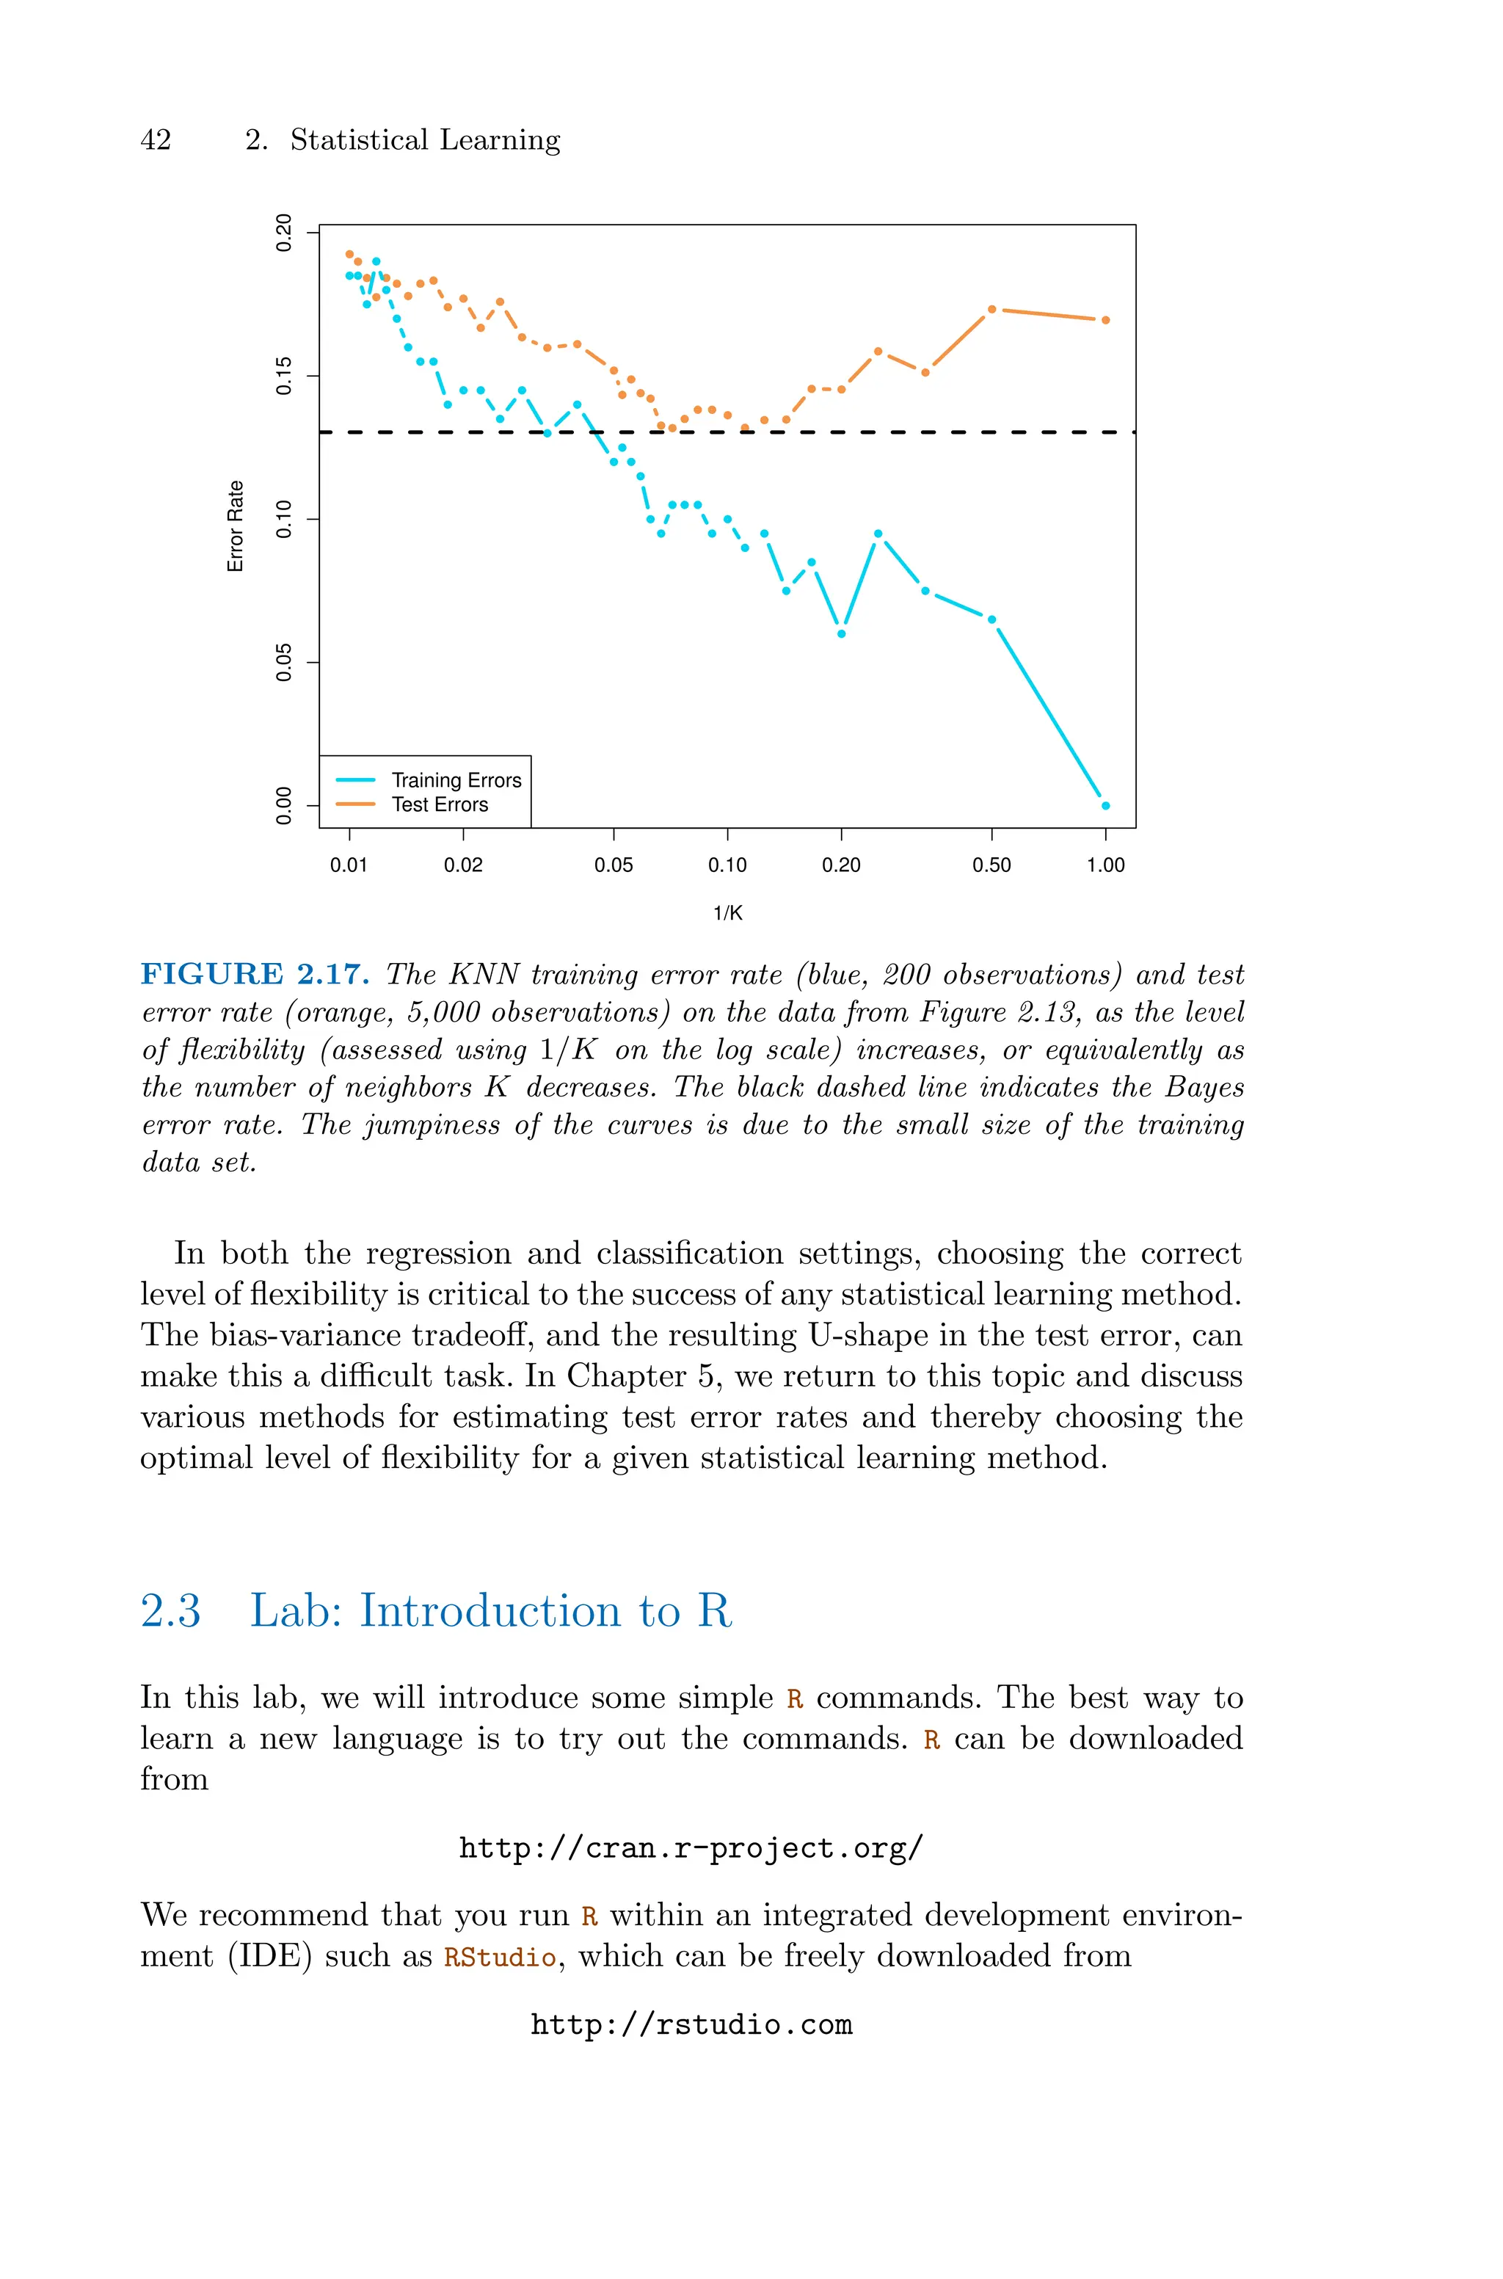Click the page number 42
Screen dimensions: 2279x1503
(x=156, y=140)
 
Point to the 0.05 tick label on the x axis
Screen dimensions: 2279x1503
(x=614, y=865)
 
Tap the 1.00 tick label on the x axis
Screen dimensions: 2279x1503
(x=1105, y=865)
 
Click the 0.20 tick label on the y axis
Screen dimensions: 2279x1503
(x=284, y=233)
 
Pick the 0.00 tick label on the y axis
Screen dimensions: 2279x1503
(x=284, y=805)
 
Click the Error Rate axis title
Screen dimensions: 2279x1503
(x=236, y=526)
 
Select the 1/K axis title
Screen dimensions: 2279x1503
(x=727, y=913)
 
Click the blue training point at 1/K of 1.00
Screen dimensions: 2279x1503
(x=1105, y=806)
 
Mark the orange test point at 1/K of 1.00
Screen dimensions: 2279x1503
(x=1105, y=320)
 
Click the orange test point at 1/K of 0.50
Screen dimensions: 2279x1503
(x=991, y=310)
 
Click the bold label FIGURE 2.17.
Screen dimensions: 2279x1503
(x=255, y=975)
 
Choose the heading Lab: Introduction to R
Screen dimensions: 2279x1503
(x=491, y=1611)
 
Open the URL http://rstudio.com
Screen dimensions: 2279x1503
(x=691, y=2025)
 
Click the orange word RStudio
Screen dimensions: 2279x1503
(x=499, y=1956)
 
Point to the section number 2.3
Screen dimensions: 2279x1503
(x=170, y=1611)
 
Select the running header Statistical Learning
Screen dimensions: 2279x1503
(x=425, y=140)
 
